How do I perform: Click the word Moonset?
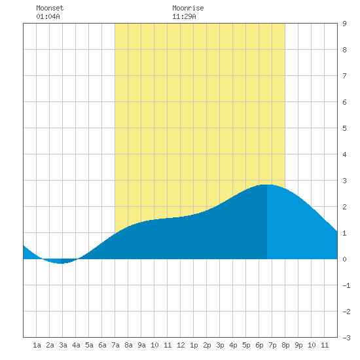click(50, 8)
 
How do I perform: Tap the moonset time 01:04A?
click(48, 16)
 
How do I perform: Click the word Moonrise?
click(188, 8)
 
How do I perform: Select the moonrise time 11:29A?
click(184, 16)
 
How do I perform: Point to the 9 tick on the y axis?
click(344, 24)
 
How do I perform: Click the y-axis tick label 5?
click(344, 128)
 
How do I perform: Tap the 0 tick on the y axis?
click(344, 259)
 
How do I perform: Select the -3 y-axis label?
click(346, 338)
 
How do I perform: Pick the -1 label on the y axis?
click(346, 285)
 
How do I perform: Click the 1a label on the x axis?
click(37, 345)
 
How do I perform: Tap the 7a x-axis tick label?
click(115, 345)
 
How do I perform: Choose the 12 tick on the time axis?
click(181, 345)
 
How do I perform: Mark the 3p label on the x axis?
click(220, 345)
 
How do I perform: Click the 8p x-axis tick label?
click(285, 345)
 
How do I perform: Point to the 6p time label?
click(259, 345)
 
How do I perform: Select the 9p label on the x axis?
click(298, 345)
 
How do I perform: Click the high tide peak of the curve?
click(267, 185)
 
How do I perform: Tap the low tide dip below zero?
click(60, 263)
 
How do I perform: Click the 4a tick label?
click(76, 345)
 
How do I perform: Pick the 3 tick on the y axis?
click(344, 181)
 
